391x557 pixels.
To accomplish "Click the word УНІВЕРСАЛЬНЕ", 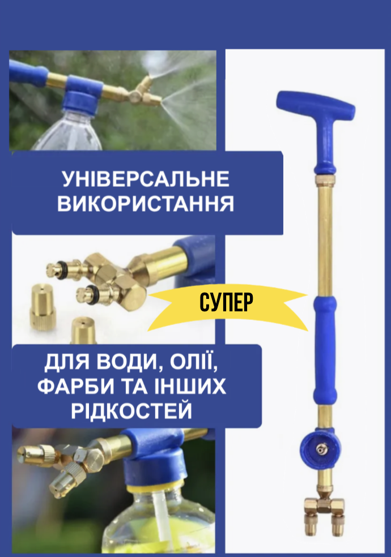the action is (146, 179).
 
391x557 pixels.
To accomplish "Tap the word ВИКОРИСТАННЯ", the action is (146, 204).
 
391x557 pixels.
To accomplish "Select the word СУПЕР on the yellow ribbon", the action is (226, 302).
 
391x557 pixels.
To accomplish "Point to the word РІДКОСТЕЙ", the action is (131, 410).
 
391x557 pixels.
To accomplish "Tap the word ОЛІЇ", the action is (193, 362).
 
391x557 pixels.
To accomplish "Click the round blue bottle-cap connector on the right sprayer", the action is (321, 449).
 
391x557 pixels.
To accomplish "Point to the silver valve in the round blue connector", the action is (321, 449).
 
